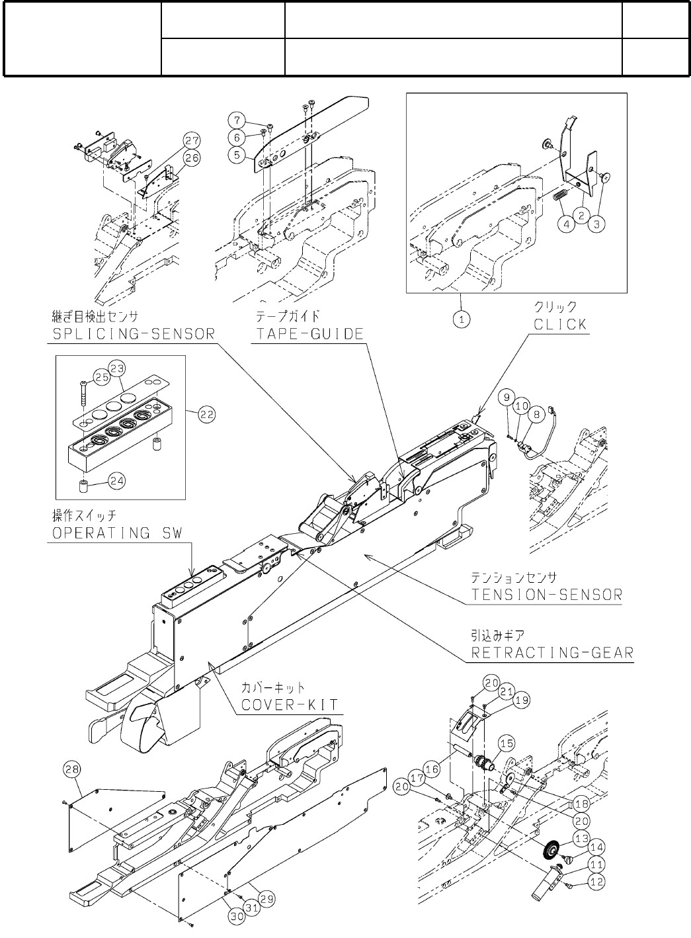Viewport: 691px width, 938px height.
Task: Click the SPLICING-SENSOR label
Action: [134, 333]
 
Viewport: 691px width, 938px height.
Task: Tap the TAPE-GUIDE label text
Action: [309, 333]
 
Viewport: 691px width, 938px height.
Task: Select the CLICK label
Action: [560, 325]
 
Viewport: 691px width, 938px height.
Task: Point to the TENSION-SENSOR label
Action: [547, 594]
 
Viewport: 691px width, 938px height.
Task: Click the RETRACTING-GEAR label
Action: [551, 654]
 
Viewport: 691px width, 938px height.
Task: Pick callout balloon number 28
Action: [71, 769]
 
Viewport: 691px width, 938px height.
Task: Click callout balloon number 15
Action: [507, 744]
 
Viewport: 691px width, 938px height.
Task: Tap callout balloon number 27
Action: [192, 140]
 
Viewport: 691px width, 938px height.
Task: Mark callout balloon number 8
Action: [536, 413]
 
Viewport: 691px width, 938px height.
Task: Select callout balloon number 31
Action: [251, 908]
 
